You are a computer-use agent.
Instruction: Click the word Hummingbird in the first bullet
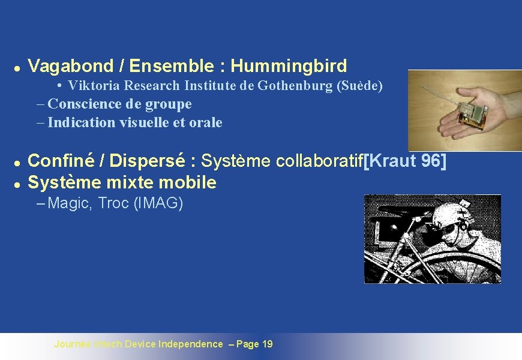tap(289, 65)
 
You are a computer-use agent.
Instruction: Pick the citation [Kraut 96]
tap(406, 161)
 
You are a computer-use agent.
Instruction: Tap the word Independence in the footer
tap(190, 344)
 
